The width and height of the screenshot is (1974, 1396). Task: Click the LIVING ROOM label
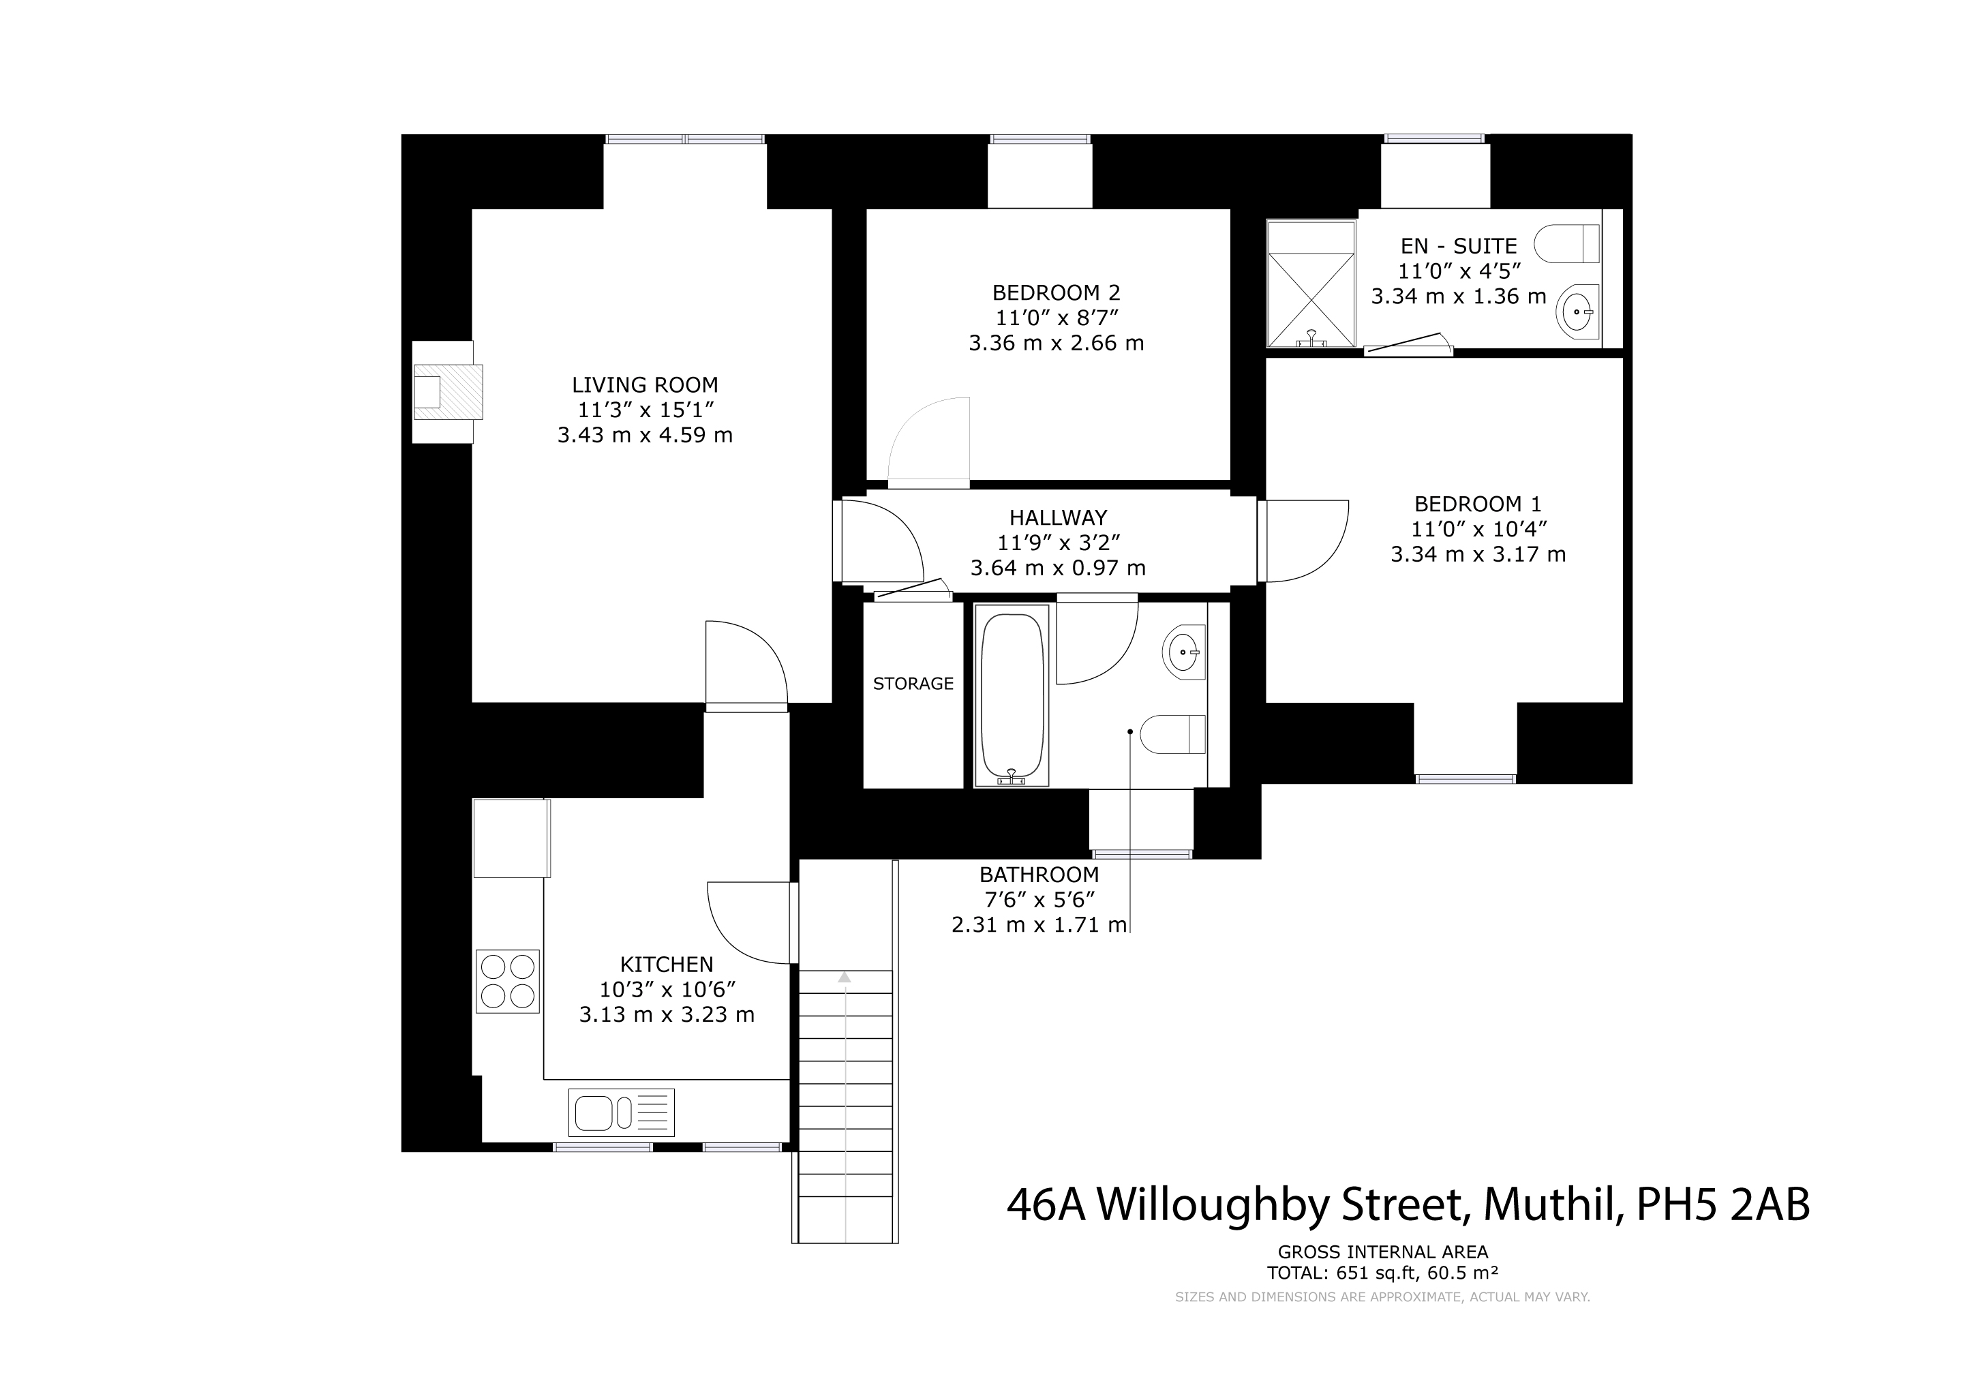[x=645, y=385]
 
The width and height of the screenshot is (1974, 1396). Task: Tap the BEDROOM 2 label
[x=1056, y=292]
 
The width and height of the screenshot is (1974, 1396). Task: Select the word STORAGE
[x=913, y=684]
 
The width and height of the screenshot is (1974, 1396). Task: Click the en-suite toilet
[x=1566, y=243]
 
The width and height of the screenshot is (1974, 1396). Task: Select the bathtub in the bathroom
[x=1012, y=695]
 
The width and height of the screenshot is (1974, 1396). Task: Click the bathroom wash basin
[x=1184, y=652]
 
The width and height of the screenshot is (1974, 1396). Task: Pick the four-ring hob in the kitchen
[x=507, y=981]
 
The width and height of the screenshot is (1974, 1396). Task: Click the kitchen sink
[x=621, y=1112]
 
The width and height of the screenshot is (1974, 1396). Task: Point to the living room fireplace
[x=448, y=392]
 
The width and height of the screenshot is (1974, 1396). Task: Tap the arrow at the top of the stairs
[x=845, y=977]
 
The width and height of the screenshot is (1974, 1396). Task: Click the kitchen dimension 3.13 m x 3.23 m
[x=667, y=1015]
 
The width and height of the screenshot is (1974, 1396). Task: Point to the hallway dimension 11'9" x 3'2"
[x=1059, y=543]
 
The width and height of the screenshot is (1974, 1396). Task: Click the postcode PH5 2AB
[x=1723, y=1205]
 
